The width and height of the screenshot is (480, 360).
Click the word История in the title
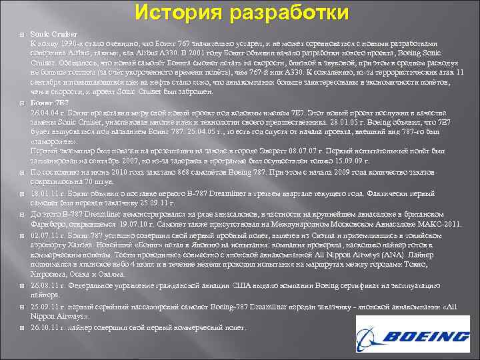178,13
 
